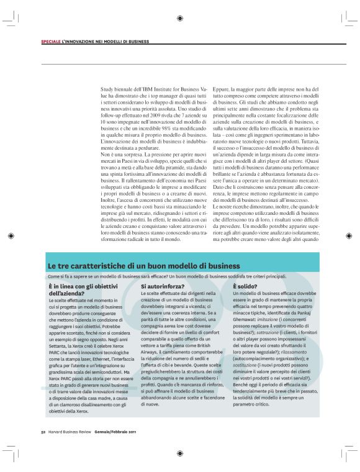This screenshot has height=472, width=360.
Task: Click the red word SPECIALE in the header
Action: point(51,42)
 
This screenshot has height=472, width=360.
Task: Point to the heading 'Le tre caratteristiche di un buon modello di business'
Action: point(135,265)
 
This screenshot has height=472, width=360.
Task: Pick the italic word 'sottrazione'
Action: point(267,347)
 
